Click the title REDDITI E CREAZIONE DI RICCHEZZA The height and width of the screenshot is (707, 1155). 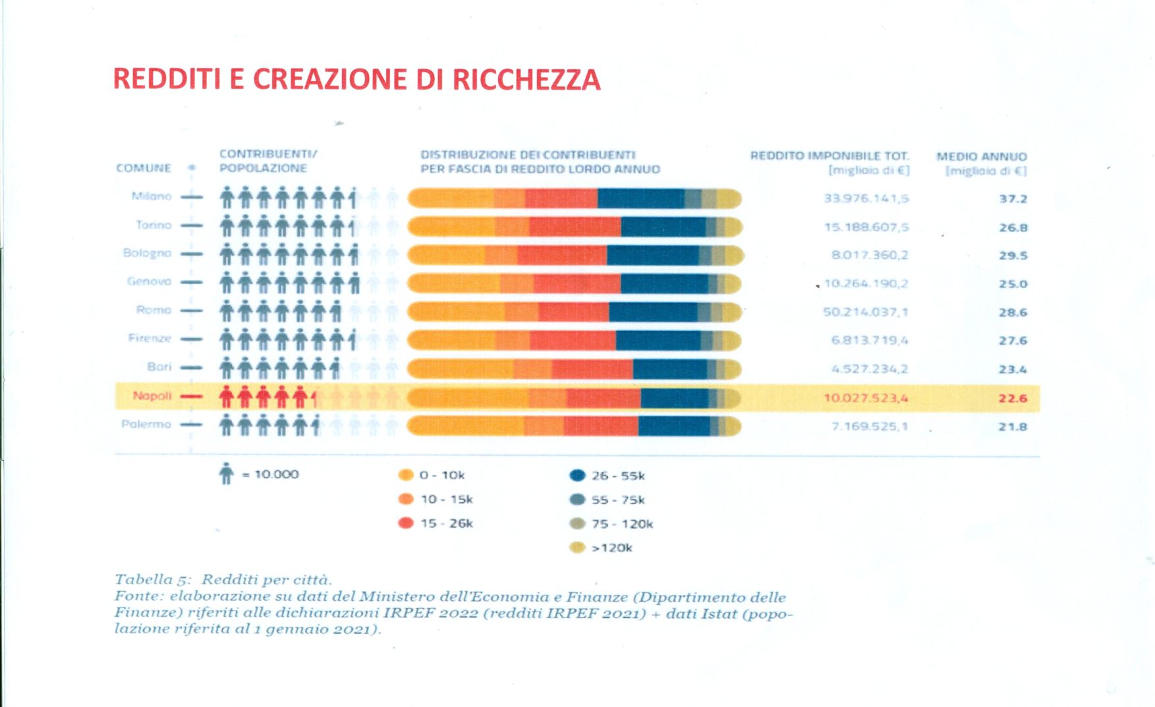pyautogui.click(x=356, y=79)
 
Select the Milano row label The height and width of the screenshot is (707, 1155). pyautogui.click(x=152, y=196)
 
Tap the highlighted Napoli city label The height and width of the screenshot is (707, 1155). pyautogui.click(x=152, y=396)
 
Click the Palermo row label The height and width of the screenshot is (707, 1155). pyautogui.click(x=146, y=424)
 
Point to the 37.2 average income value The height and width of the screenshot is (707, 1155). pyautogui.click(x=1013, y=199)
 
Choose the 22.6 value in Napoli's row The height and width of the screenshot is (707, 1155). pyautogui.click(x=1013, y=398)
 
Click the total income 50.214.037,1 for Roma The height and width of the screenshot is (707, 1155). pyautogui.click(x=865, y=312)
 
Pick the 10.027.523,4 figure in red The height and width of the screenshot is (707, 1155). pyautogui.click(x=865, y=398)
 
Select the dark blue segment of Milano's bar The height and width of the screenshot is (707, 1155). pyautogui.click(x=640, y=198)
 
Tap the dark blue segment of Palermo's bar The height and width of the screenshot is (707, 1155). pyautogui.click(x=673, y=426)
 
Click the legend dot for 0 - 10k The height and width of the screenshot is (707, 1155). pyautogui.click(x=406, y=475)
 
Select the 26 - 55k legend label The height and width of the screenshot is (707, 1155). pyautogui.click(x=618, y=476)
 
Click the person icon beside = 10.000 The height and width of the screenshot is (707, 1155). pyautogui.click(x=226, y=474)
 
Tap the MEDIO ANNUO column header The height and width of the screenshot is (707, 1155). pyautogui.click(x=982, y=157)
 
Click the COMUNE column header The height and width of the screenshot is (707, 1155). pyautogui.click(x=144, y=168)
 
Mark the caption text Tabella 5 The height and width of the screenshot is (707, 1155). pyautogui.click(x=153, y=580)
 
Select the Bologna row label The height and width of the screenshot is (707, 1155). pyautogui.click(x=147, y=253)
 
